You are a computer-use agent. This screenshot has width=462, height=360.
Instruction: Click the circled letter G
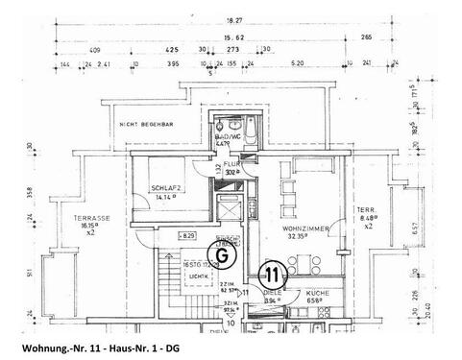(x=196, y=256)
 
